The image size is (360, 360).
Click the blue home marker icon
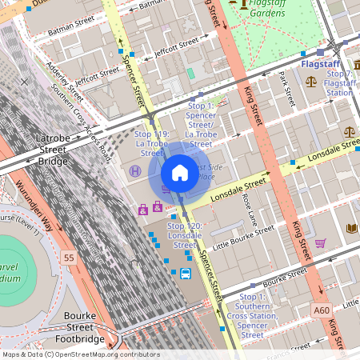click(x=180, y=173)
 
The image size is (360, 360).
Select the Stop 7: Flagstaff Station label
click(x=341, y=83)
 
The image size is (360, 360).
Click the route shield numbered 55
click(x=70, y=258)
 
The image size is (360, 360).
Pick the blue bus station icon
click(x=186, y=274)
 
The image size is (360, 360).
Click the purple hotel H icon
click(x=135, y=171)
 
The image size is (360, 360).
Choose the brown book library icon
click(x=351, y=229)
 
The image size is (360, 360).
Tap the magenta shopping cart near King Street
click(x=320, y=243)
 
